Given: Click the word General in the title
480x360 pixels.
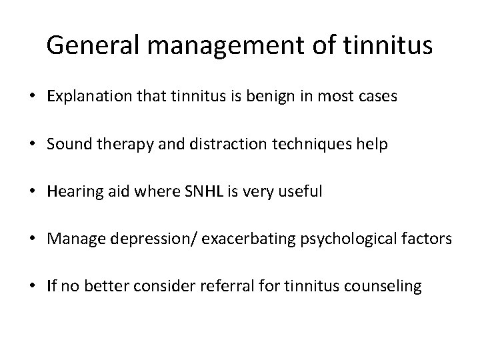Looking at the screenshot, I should tap(91, 45).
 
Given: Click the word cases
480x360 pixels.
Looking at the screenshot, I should tap(378, 97).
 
